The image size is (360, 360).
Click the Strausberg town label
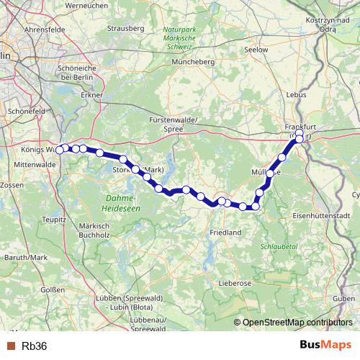[121, 28]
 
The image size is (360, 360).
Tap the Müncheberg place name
[194, 63]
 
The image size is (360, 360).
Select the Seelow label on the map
[256, 50]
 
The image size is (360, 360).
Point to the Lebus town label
[296, 94]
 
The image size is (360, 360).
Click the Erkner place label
[92, 94]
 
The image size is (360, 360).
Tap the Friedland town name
[225, 233]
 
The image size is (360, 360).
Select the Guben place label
[345, 298]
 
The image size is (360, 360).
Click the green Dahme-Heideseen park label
[122, 202]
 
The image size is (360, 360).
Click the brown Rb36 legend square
[10, 346]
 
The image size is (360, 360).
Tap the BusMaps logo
[326, 345]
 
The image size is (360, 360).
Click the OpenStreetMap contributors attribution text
[297, 322]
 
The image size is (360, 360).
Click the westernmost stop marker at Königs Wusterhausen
[60, 150]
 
